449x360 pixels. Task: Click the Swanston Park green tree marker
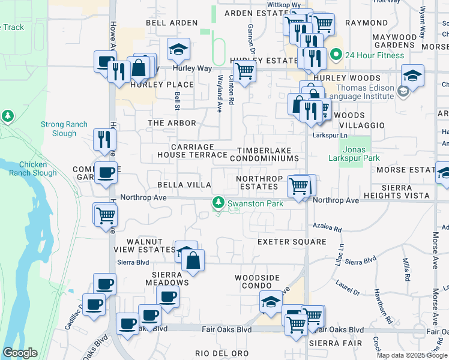[x=219, y=203]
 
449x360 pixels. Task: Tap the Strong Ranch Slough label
[x=59, y=128]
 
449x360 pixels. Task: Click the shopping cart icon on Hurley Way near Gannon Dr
[x=244, y=71]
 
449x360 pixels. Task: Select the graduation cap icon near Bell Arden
[x=178, y=50]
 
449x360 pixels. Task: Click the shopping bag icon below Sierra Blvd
[x=193, y=260]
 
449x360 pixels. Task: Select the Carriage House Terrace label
[x=192, y=151]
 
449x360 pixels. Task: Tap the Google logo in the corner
[x=20, y=353]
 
